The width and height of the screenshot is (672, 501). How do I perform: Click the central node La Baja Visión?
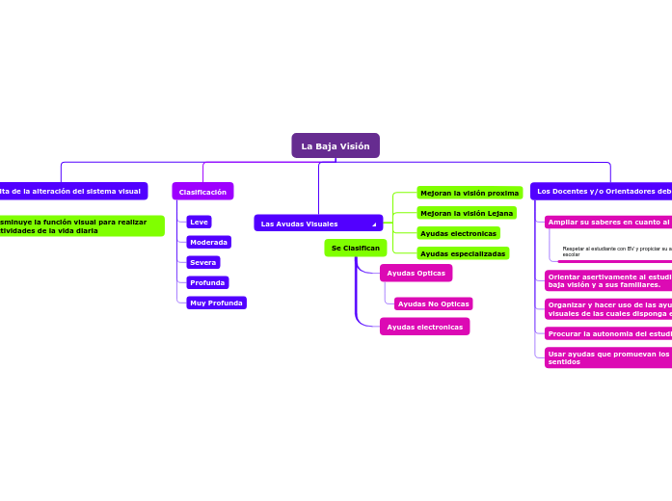(x=336, y=145)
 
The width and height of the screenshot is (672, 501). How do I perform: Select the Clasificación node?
(x=202, y=192)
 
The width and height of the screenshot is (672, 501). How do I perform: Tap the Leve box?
(x=199, y=222)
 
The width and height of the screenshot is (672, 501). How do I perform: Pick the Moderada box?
(x=208, y=242)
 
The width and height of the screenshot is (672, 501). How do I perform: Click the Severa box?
(x=202, y=262)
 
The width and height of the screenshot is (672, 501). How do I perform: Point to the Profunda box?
(x=207, y=282)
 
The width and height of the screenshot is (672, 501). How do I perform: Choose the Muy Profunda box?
(x=216, y=303)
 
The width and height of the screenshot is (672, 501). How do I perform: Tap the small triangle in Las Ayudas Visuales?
(x=374, y=224)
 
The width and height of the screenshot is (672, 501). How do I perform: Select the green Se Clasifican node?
(x=355, y=248)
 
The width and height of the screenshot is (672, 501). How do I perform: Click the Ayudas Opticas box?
(x=416, y=273)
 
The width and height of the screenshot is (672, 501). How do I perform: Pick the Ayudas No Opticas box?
(x=433, y=303)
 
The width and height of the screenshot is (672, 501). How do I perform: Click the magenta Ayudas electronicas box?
(x=424, y=327)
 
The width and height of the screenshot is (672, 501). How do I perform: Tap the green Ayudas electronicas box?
(x=458, y=233)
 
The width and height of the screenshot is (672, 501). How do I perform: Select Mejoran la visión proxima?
(x=469, y=193)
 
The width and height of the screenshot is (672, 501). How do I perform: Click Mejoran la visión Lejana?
(x=466, y=213)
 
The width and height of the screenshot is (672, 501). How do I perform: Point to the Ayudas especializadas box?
(x=462, y=253)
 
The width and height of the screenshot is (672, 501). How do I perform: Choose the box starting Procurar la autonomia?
(x=608, y=333)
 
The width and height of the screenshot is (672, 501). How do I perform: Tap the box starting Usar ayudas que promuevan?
(x=608, y=357)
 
